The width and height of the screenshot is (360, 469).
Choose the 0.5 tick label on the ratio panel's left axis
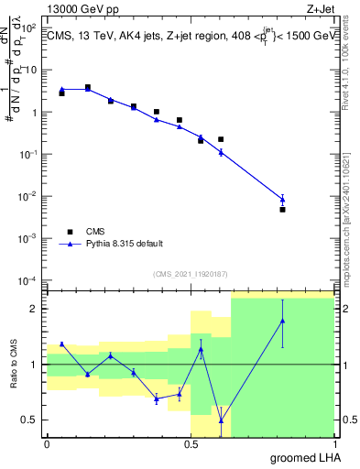[x=31, y=420]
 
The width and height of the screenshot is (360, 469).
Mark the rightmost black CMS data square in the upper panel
[x=283, y=210]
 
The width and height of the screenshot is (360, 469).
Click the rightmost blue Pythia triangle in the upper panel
[x=283, y=199]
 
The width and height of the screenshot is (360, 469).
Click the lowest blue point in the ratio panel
[x=221, y=421]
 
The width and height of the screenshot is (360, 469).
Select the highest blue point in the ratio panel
[x=283, y=321]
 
